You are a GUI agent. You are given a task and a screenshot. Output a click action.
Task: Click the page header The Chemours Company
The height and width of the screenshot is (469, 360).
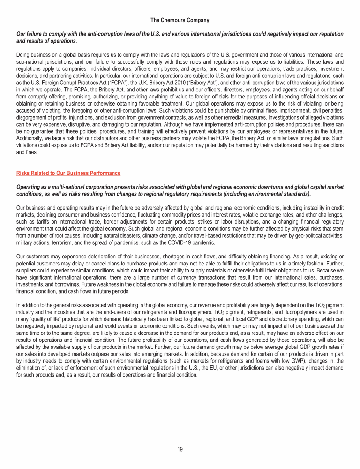(180, 20)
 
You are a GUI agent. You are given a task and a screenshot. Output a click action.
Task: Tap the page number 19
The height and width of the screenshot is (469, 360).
(180, 449)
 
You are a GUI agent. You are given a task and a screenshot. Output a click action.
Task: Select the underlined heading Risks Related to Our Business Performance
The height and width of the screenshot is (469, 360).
(68, 173)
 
